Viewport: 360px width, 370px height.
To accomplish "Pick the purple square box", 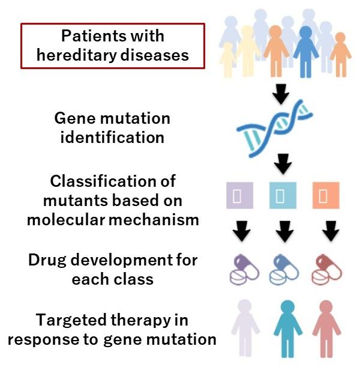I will pyautogui.click(x=238, y=195).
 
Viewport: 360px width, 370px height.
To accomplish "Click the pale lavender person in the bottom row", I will pyautogui.click(x=245, y=327).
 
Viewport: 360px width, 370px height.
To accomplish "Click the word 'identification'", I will pyautogui.click(x=113, y=136).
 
